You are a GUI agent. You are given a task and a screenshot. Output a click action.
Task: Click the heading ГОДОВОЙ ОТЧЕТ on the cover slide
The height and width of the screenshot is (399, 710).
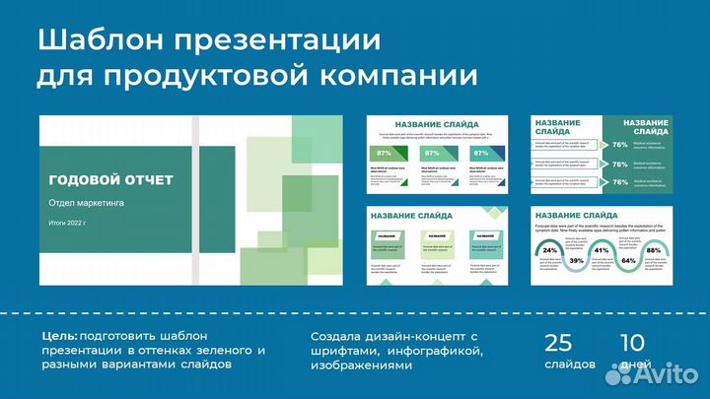(x=110, y=180)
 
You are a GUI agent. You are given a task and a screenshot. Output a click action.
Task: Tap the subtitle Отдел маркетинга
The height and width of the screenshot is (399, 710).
(x=86, y=202)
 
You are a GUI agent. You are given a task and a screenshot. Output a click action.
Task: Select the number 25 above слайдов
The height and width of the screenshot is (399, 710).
(x=558, y=344)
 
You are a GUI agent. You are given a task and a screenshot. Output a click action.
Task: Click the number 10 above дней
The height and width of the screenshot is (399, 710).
(x=631, y=344)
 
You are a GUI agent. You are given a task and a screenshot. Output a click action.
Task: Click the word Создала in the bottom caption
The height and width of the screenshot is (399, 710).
(x=339, y=336)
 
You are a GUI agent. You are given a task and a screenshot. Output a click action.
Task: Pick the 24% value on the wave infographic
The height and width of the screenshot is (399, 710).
(x=550, y=250)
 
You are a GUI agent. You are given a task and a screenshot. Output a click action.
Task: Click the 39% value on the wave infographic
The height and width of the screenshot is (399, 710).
(x=576, y=260)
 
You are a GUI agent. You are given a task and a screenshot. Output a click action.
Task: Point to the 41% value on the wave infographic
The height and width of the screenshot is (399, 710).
(x=602, y=250)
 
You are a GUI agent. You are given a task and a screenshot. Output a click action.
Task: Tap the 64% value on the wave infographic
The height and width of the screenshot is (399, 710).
(x=627, y=260)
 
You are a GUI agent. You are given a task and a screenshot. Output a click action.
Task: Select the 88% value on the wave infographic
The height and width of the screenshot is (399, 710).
(x=653, y=250)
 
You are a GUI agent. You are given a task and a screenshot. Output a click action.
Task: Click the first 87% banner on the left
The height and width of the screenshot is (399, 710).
(x=385, y=154)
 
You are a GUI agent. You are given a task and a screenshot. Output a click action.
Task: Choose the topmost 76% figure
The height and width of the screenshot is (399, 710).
(x=619, y=145)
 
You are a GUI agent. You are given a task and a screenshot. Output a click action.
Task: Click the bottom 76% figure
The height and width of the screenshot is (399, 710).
(x=619, y=182)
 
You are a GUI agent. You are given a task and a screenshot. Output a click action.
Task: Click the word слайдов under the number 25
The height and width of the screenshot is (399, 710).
(x=570, y=364)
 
